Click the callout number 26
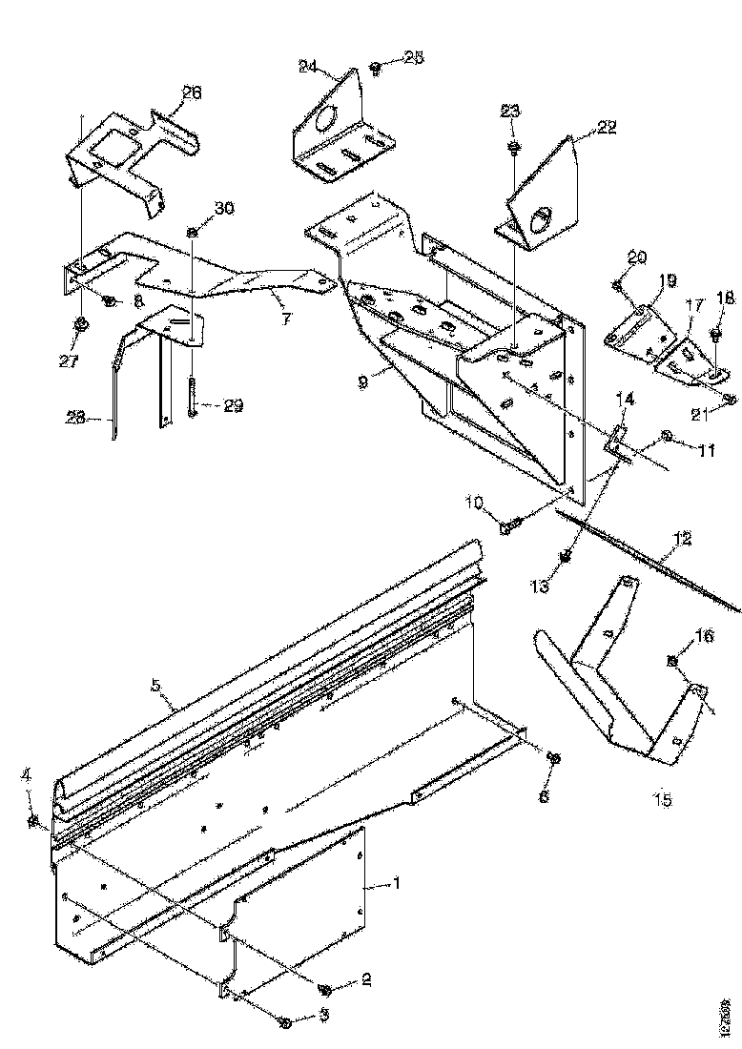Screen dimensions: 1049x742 click(x=191, y=93)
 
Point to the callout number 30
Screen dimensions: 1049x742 click(x=223, y=208)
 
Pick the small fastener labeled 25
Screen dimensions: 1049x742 click(x=375, y=68)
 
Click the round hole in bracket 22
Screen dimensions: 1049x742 click(x=542, y=222)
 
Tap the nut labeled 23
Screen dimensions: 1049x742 click(x=512, y=146)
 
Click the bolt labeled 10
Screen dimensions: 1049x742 click(x=509, y=524)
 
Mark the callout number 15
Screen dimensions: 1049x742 click(x=662, y=799)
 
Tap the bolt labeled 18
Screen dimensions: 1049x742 click(x=717, y=334)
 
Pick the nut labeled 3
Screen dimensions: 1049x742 click(x=285, y=1021)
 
